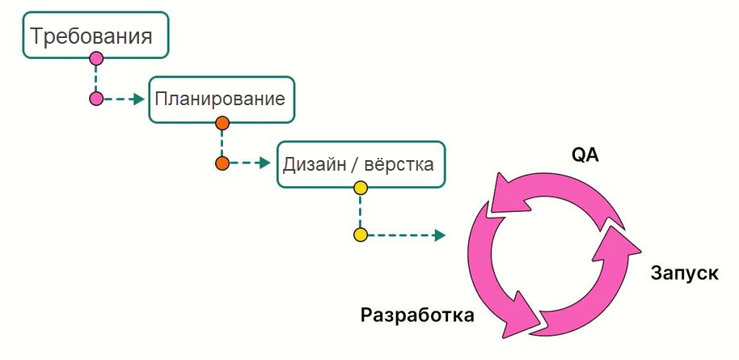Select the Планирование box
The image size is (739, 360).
221,100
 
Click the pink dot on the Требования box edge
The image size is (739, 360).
96,58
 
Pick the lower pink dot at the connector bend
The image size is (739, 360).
96,100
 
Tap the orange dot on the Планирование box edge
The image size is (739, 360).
222,123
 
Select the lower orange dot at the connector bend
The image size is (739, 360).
222,163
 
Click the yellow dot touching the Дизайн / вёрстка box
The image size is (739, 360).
361,188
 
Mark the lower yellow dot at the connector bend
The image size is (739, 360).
361,235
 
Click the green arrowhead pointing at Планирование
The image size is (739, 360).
139,100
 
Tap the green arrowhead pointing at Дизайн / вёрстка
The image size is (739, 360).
264,163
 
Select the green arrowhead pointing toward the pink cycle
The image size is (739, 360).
440,235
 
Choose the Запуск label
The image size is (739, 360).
684,273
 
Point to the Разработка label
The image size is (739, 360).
417,315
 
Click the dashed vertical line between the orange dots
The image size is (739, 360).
222,143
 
